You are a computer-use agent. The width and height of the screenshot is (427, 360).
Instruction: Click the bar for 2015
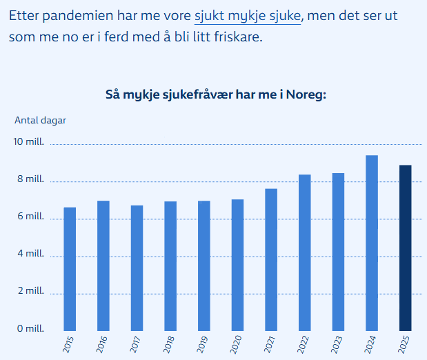[x=70, y=269]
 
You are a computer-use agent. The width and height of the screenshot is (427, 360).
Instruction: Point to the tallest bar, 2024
[x=372, y=243]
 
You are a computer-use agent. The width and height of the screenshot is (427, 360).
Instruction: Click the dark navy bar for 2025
[x=405, y=248]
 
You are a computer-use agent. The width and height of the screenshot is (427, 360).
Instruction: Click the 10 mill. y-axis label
[x=30, y=142]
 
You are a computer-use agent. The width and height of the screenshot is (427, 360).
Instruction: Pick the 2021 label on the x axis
[x=271, y=343]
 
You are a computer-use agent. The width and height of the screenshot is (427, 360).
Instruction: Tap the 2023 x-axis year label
[x=338, y=343]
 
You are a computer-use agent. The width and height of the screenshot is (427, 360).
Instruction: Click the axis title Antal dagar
[x=40, y=119]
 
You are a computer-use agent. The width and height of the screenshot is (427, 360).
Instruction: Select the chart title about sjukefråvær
[x=215, y=94]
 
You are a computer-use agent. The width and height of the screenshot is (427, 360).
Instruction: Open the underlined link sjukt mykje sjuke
[x=248, y=15]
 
